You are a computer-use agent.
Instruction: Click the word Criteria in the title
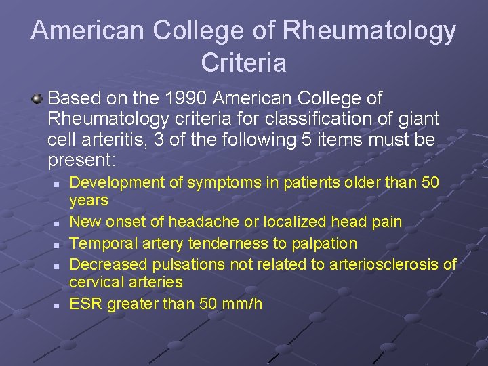pos(243,63)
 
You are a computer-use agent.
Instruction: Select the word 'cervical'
pos(94,281)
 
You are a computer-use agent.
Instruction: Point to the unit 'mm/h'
pos(247,303)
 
